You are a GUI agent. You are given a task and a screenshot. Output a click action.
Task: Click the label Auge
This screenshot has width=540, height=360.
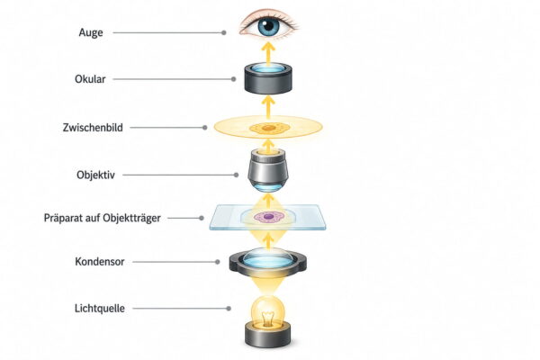coord(91,32)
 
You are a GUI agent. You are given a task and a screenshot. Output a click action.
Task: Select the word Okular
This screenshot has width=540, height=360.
coord(90,79)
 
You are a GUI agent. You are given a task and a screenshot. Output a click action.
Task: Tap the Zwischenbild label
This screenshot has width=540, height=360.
coord(93,128)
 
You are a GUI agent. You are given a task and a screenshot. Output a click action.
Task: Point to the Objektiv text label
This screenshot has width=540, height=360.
coord(95,175)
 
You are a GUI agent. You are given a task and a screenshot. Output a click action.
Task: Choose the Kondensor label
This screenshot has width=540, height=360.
coord(100,262)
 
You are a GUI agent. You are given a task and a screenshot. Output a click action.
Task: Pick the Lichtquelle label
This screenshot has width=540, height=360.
coord(100,309)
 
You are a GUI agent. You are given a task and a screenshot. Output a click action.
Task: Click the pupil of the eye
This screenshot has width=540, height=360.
coord(268,25)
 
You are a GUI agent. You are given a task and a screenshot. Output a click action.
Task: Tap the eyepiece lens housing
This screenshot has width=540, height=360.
coord(268,79)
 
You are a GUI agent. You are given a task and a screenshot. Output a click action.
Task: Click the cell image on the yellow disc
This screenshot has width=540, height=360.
coord(268,128)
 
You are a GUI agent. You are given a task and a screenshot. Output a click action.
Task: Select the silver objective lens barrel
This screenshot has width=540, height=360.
coord(268,169)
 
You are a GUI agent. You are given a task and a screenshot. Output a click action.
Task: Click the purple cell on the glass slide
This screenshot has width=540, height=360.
coord(268,217)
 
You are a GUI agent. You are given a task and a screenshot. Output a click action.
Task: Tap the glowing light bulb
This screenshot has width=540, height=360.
coord(267,312)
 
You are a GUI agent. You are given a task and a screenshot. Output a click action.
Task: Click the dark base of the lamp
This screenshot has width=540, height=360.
coord(267,335)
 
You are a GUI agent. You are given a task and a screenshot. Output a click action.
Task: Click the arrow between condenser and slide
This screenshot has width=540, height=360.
coord(268,240)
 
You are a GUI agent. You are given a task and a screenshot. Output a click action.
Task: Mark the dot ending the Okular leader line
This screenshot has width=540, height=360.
coord(233,79)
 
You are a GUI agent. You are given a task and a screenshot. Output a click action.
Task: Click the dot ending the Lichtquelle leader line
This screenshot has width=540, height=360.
coord(229,309)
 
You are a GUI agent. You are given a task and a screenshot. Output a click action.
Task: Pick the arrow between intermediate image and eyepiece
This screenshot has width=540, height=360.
coord(268,106)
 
